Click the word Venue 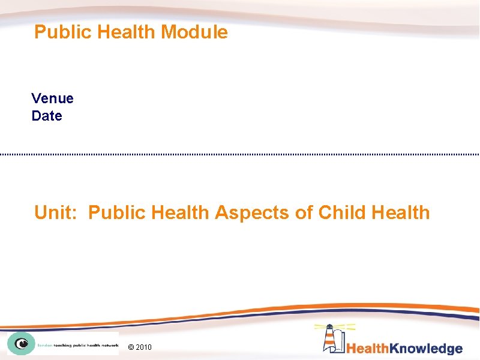[x=52, y=98]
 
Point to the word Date [x=47, y=116]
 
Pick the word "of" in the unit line [x=304, y=212]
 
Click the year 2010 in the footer [x=145, y=347]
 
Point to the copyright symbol [x=132, y=347]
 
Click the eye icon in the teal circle [x=21, y=344]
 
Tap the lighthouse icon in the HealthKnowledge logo [x=331, y=338]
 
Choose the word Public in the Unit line [x=117, y=212]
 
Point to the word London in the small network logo [x=44, y=345]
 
